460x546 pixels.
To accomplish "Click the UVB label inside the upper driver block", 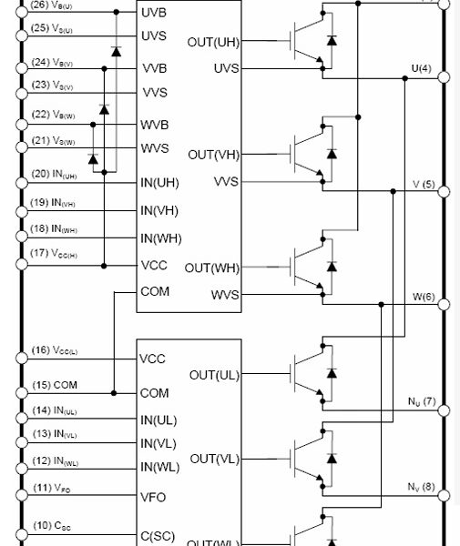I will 157,14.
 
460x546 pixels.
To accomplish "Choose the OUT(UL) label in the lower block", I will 216,374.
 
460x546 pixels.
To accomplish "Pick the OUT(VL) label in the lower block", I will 216,458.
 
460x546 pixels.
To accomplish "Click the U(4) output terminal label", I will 422,69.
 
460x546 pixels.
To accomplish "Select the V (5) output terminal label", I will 424,184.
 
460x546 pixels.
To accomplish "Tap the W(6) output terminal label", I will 423,297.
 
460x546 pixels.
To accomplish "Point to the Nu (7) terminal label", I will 422,401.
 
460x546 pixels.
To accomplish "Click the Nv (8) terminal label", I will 422,486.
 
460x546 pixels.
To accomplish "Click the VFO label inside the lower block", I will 154,498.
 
